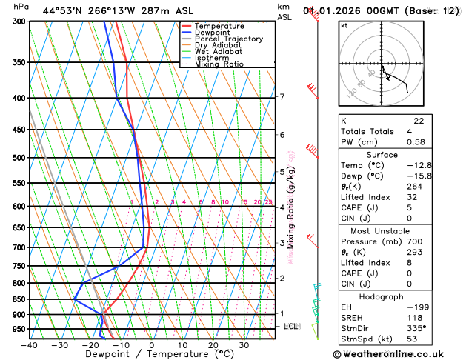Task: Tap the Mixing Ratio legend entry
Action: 219,64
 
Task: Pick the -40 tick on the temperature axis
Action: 30,345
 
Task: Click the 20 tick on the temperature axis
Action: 213,345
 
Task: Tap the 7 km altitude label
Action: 282,97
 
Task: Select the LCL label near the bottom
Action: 292,326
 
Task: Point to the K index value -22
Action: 435,121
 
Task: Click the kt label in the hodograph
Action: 344,26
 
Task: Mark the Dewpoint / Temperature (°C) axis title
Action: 151,354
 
